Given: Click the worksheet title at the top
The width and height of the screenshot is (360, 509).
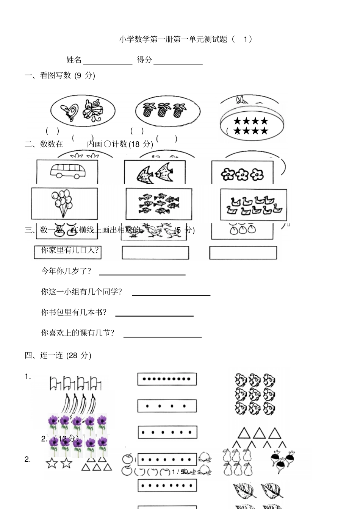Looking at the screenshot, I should [x=185, y=39].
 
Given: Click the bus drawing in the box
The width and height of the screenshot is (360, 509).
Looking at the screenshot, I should [x=68, y=171].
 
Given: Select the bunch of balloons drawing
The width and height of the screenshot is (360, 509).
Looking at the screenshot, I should [x=62, y=203].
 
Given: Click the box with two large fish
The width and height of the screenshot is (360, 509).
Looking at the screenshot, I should [x=155, y=172].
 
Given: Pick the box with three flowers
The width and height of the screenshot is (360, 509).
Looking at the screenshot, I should [x=242, y=173].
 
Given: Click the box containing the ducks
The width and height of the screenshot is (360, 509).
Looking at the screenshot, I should [x=254, y=205].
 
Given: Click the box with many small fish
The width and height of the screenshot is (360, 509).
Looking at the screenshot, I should [x=159, y=204].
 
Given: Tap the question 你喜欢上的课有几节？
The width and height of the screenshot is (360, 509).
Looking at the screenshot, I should [x=77, y=333].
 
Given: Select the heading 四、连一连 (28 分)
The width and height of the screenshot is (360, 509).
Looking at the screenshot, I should [x=58, y=355].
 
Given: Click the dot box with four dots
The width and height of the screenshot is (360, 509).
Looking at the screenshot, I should [x=167, y=406].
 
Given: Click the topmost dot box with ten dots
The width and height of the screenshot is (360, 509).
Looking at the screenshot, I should [x=167, y=379].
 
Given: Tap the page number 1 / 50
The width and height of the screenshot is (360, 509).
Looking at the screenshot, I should [x=180, y=472].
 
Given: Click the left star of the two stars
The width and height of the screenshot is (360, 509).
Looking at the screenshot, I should [x=52, y=463].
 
